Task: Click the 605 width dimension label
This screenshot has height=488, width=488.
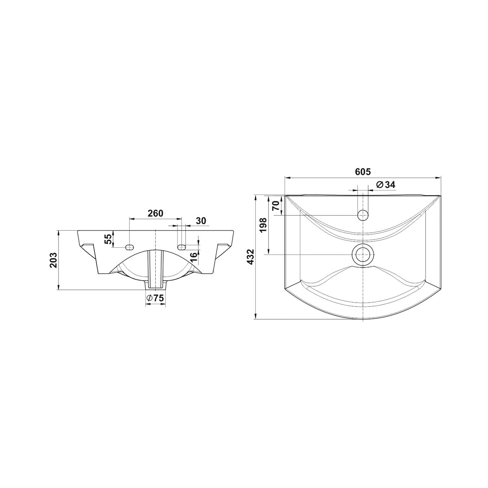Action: tap(363, 172)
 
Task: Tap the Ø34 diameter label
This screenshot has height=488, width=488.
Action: tap(386, 185)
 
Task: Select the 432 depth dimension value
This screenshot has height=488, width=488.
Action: tap(251, 257)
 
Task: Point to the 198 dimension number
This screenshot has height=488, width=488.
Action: tap(264, 226)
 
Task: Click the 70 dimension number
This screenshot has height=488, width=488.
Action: tap(276, 205)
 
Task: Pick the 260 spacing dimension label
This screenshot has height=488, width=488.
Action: tap(155, 213)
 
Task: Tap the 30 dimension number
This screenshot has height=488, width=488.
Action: tap(201, 221)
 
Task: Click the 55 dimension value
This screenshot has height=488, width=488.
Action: tap(108, 239)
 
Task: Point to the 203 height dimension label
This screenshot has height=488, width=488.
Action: tap(53, 260)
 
